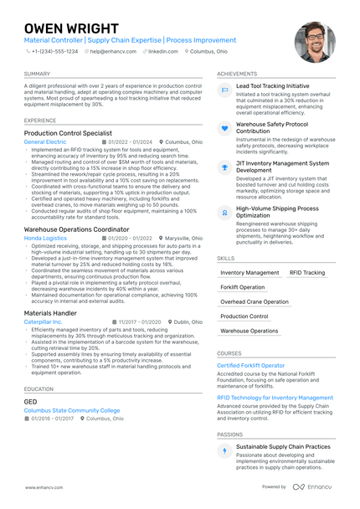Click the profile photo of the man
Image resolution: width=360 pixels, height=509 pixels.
coord(315,42)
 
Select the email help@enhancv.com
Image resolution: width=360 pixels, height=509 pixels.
coord(115,51)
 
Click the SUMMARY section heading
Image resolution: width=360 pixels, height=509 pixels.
coord(37,74)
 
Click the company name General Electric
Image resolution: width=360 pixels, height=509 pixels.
coord(45,142)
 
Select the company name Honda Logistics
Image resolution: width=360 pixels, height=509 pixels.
coord(45,238)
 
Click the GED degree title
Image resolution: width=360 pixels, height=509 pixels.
coord(30,402)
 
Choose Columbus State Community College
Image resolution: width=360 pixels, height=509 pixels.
coord(72,411)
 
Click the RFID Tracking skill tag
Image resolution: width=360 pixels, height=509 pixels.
coord(306,273)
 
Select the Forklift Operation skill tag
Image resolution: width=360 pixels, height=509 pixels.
coord(242,287)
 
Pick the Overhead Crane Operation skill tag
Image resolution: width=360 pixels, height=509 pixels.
coord(255,301)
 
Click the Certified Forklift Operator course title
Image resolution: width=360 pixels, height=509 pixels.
coord(251,366)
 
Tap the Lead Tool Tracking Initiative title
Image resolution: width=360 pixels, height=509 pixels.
coord(273,85)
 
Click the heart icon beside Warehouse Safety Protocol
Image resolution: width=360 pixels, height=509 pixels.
coord(224,128)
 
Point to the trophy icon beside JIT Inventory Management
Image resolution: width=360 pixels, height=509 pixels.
coord(224,168)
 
